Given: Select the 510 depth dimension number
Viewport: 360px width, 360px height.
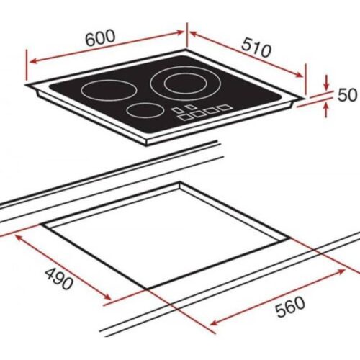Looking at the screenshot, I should tap(256, 50).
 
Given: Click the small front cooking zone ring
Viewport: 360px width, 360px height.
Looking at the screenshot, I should tap(144, 111).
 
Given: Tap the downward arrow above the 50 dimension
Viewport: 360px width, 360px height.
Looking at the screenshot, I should tap(328, 84).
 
